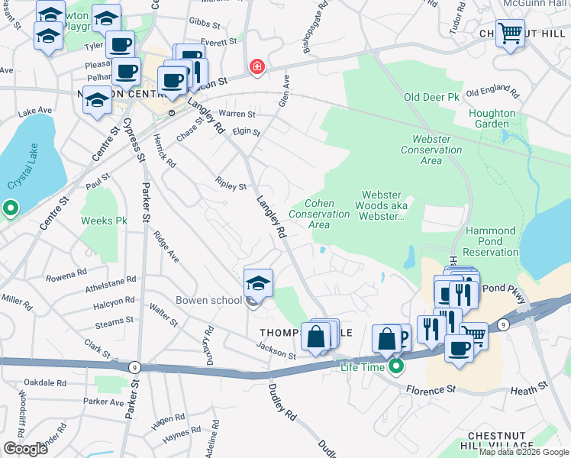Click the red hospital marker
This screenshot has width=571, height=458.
coord(257,67)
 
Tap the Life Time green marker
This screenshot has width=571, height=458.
coord(395,366)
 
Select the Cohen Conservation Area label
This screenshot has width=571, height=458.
coord(318,214)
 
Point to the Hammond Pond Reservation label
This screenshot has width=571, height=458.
coord(491,241)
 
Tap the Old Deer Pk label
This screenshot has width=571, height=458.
coord(431,98)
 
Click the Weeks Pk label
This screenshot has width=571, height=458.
coord(104,221)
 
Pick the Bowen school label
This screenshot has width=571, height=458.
coord(208,300)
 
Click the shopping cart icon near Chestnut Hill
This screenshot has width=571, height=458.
coord(510,33)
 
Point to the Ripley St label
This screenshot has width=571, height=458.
coord(231,186)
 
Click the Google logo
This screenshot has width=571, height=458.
coord(25,449)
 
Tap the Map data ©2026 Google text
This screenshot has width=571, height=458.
coord(524,452)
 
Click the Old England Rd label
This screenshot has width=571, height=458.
coord(492,93)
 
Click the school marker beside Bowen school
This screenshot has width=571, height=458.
coord(259,283)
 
